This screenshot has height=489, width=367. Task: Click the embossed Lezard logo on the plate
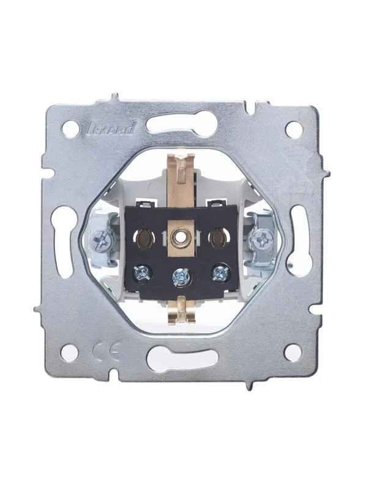coord(109,128)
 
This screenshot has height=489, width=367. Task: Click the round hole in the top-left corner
coord(70,129)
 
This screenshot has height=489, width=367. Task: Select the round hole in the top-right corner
coord(294,130)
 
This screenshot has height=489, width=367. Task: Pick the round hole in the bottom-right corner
coord(293,353)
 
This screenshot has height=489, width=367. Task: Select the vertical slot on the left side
coord(64,241)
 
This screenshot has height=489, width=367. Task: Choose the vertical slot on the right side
coord(299,240)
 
